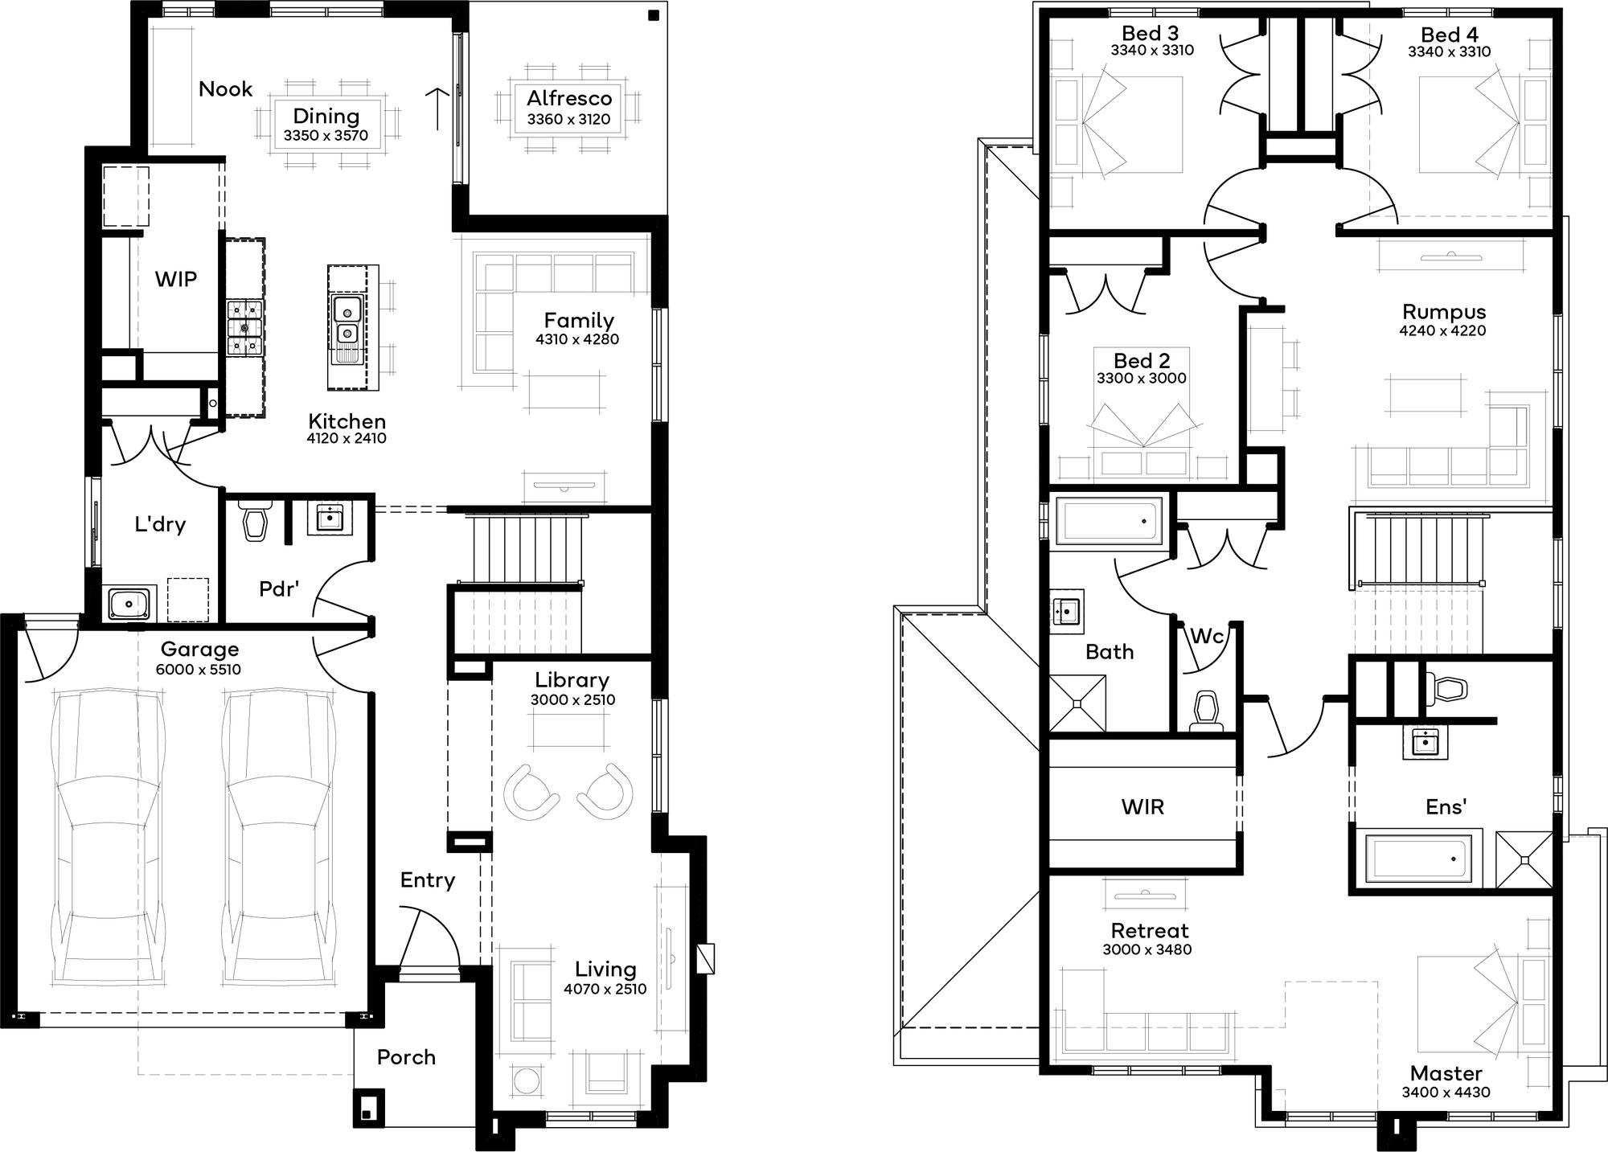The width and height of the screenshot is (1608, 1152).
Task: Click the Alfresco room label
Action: (x=569, y=99)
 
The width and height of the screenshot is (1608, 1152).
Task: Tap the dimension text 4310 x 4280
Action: (x=577, y=339)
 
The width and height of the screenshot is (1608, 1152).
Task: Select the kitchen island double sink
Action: (x=347, y=320)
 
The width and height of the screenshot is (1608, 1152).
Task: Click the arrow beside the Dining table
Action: (x=437, y=109)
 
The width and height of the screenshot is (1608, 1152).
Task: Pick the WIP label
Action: (x=176, y=279)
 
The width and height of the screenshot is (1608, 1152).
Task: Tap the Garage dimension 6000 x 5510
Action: (x=199, y=670)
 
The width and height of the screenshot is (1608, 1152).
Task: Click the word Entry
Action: (x=428, y=880)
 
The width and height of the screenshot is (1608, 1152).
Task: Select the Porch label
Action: (x=406, y=1057)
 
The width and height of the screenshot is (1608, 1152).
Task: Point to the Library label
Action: (x=572, y=680)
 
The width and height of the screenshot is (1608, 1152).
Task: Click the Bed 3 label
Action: (x=1151, y=33)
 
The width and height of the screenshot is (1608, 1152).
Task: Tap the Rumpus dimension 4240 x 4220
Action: (x=1442, y=330)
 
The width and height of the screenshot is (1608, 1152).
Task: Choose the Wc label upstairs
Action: (x=1206, y=637)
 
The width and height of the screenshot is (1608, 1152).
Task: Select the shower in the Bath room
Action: (x=1077, y=703)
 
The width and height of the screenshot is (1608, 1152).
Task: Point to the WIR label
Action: (x=1142, y=806)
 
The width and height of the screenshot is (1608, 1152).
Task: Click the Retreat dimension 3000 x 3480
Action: (x=1147, y=949)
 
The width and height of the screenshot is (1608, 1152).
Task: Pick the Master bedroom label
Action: (x=1446, y=1073)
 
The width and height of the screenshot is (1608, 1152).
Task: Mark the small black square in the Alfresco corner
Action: (x=654, y=15)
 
